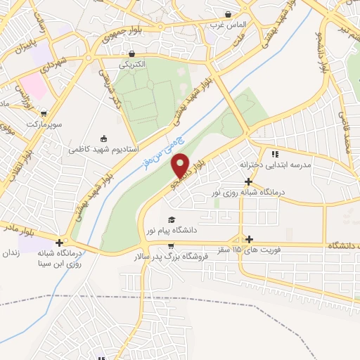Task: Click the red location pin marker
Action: coord(181,165)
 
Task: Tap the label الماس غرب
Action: coord(224,25)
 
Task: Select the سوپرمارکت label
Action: coord(45,124)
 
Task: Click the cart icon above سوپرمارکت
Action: coord(44,112)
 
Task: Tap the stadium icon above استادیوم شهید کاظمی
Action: coord(104,138)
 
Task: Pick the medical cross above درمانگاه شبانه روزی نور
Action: coord(248,181)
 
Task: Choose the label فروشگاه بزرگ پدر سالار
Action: coord(172,257)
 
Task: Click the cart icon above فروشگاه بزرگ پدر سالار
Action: coord(172,245)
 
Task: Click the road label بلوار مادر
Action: coord(22,230)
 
